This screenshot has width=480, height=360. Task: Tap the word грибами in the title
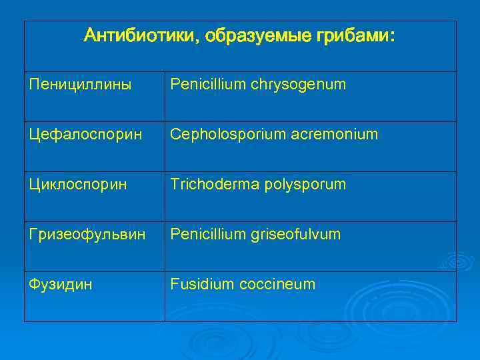353,35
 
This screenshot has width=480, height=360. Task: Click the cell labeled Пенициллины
81,85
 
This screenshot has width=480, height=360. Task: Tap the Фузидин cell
61,285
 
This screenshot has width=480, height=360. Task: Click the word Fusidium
199,285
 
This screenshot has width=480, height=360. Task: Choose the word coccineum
274,285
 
